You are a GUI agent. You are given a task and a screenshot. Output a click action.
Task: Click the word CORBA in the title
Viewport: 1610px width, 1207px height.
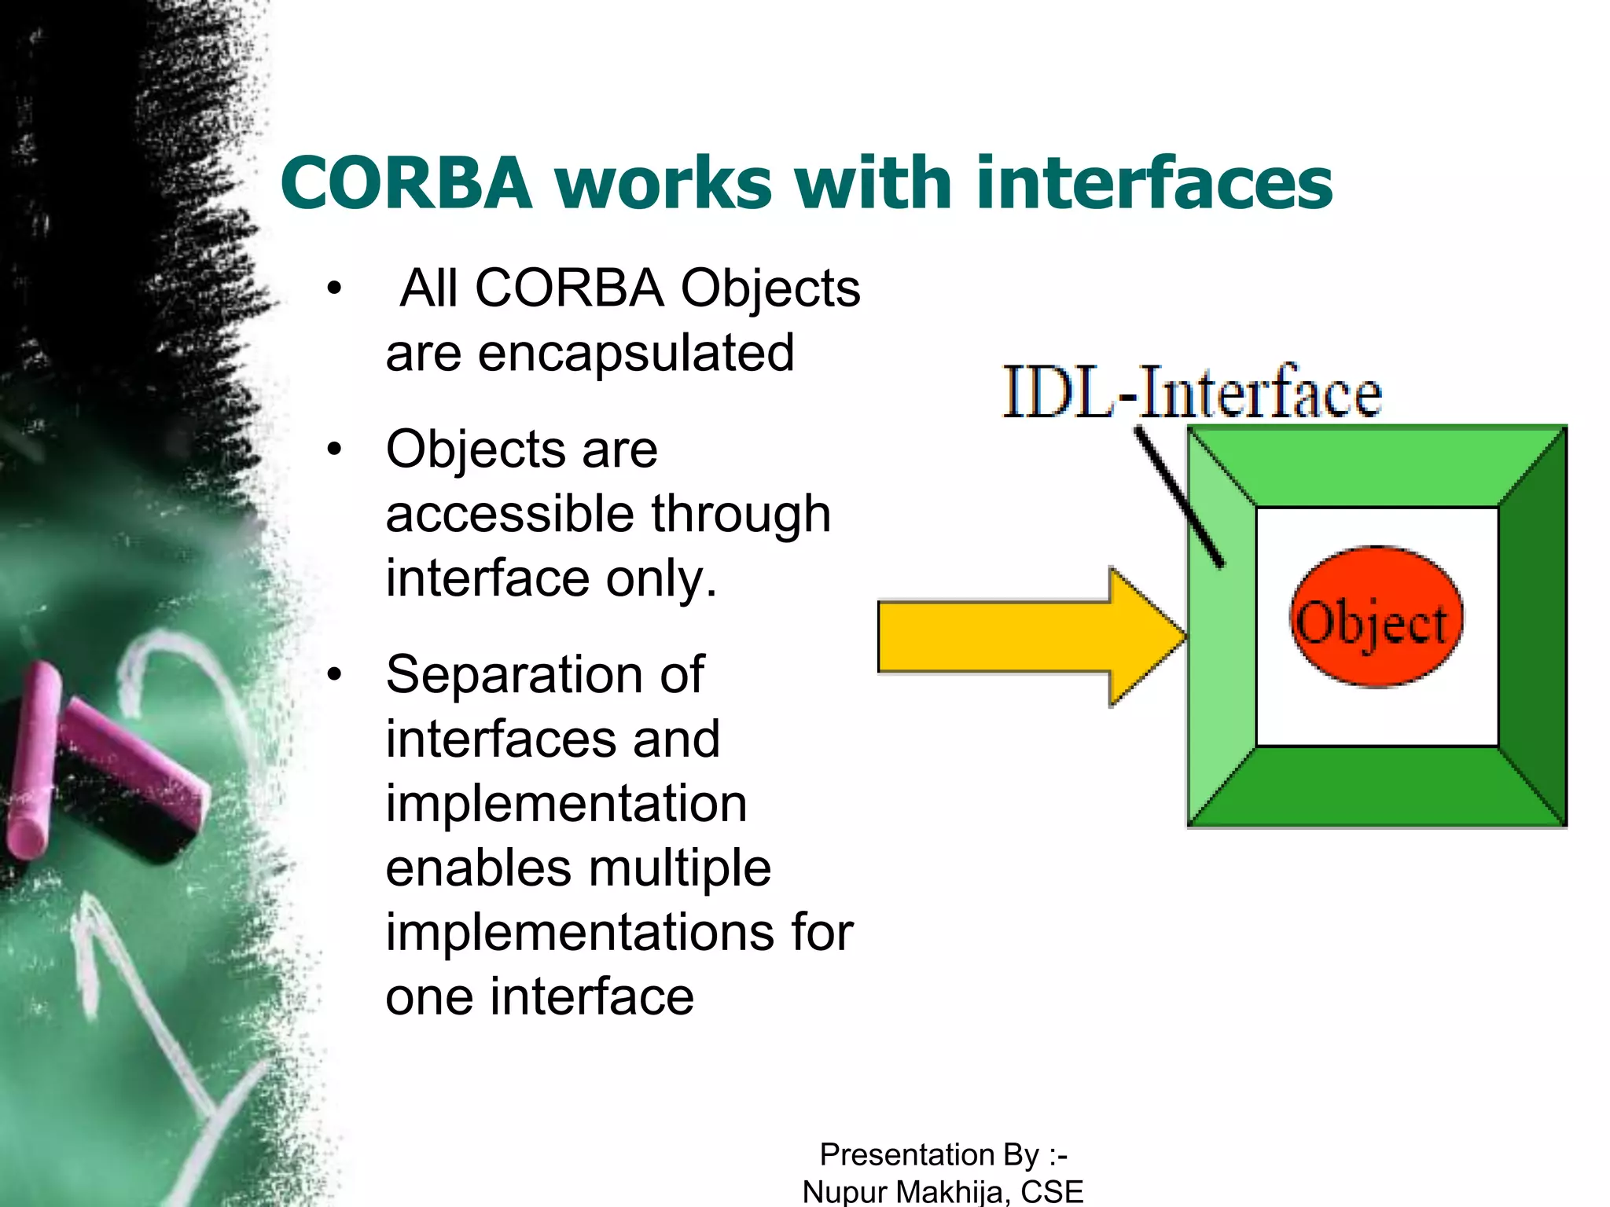click(x=406, y=183)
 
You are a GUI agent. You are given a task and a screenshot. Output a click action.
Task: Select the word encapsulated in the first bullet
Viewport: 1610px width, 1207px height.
click(x=636, y=354)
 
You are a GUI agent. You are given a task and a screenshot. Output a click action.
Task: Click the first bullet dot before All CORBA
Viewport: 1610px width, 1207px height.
click(x=335, y=288)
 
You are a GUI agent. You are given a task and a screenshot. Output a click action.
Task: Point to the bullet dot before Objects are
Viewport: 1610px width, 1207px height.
click(x=335, y=449)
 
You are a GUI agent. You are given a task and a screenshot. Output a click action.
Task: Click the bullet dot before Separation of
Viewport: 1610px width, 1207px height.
click(x=335, y=674)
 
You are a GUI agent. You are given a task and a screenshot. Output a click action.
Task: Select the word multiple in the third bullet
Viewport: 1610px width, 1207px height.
click(x=679, y=868)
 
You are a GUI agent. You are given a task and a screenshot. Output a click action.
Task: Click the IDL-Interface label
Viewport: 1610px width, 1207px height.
click(x=1191, y=391)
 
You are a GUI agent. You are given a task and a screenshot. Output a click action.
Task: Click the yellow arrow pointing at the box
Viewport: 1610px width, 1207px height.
click(x=1022, y=637)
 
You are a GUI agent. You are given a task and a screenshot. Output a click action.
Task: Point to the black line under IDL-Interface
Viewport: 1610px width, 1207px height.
click(x=1178, y=496)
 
